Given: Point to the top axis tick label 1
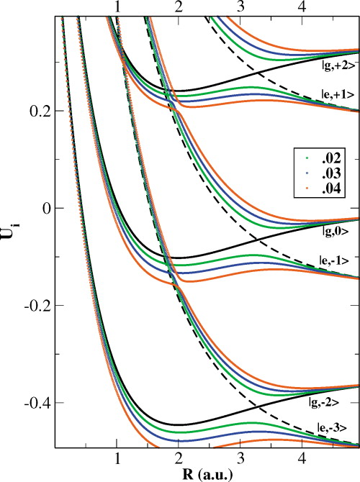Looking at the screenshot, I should pos(117,6).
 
